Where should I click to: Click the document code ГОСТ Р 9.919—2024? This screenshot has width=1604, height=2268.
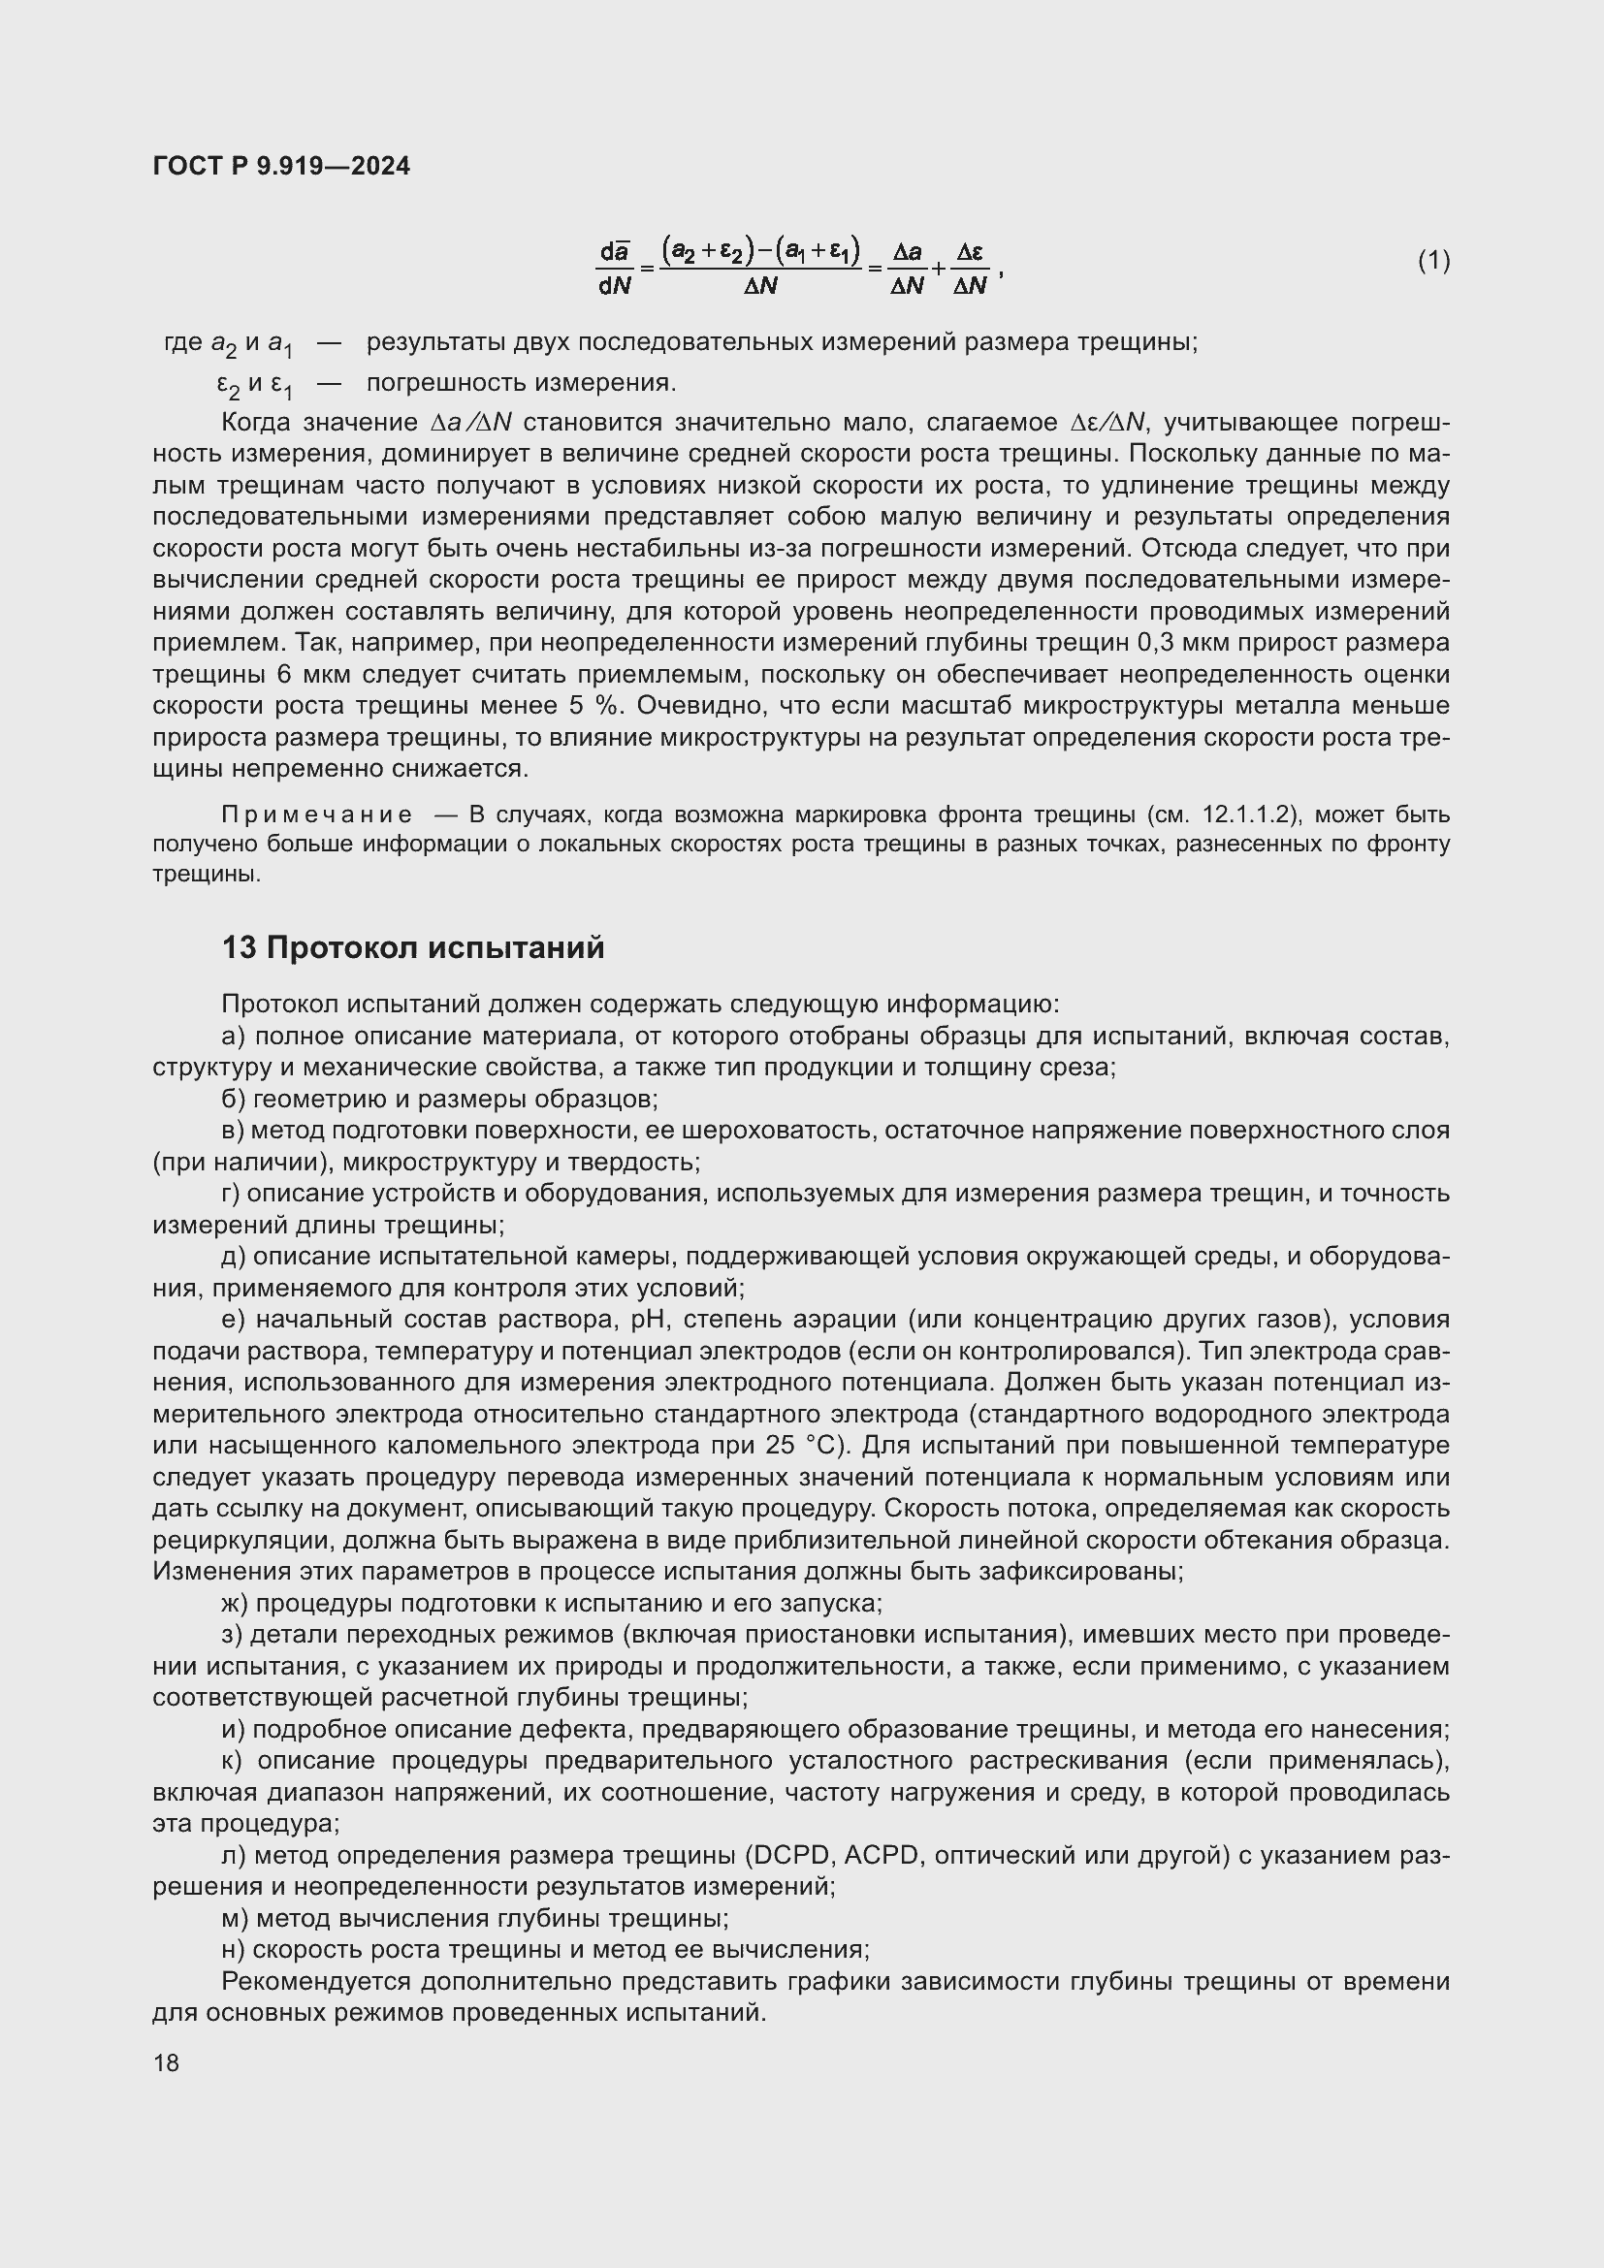281,166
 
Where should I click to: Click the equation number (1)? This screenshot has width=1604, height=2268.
1433,261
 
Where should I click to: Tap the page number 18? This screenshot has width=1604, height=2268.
166,2062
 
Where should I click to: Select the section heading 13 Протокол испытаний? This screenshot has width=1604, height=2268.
413,947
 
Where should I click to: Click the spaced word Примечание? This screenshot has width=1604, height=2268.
316,815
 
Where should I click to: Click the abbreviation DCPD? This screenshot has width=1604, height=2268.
790,1855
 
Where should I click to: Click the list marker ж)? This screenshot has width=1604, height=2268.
237,1603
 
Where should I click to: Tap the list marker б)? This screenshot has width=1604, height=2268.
234,1099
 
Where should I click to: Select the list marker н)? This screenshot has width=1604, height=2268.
234,1949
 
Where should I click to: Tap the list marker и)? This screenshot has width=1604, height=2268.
234,1729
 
